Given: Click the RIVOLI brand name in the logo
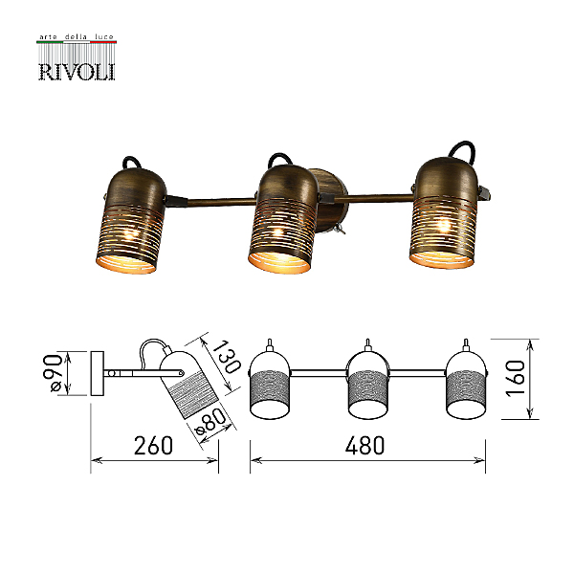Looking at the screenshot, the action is pyautogui.click(x=77, y=72).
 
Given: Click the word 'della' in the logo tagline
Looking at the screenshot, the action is pyautogui.click(x=76, y=37).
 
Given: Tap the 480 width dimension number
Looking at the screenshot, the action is pyautogui.click(x=365, y=445).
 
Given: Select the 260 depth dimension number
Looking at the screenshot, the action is pyautogui.click(x=153, y=445).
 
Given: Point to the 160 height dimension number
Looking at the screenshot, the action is pyautogui.click(x=516, y=378).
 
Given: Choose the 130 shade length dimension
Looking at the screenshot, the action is pyautogui.click(x=226, y=357).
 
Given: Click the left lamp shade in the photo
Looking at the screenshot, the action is pyautogui.click(x=131, y=221).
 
